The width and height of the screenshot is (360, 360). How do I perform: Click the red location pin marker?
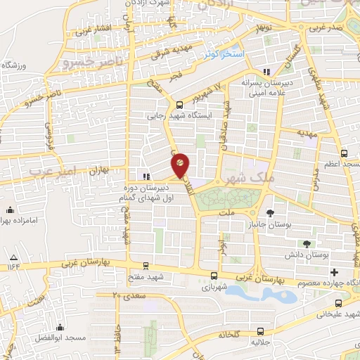click(x=180, y=163)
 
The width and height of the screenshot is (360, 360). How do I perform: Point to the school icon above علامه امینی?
click(x=266, y=72)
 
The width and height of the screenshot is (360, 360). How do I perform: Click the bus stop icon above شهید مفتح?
click(x=145, y=266)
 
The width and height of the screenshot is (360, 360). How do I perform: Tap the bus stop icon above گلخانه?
click(x=261, y=330)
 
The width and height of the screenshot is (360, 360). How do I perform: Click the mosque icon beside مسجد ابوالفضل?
click(x=60, y=327)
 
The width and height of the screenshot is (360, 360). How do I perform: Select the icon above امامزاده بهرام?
click(x=11, y=210)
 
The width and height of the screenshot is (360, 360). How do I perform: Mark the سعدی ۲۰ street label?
click(x=124, y=295)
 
